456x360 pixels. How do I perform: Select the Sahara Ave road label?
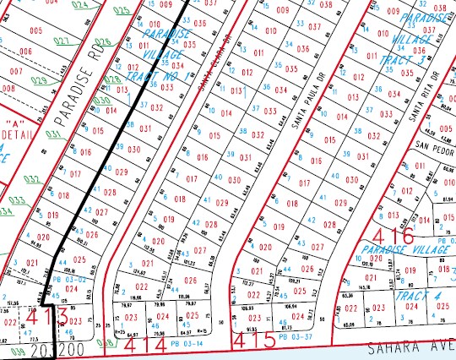tap(413, 348)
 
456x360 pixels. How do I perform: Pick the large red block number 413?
tap(52, 317)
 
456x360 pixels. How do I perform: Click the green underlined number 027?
tap(61, 40)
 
